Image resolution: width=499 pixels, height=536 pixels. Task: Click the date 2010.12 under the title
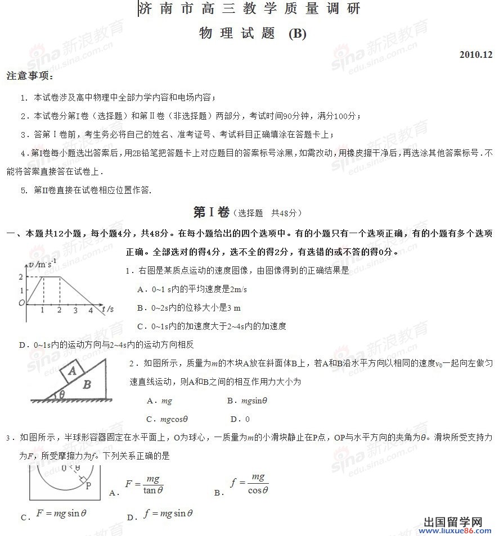coord(475,55)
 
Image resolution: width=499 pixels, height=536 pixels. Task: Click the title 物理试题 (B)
coord(253,34)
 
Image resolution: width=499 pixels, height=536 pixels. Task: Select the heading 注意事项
coord(30,76)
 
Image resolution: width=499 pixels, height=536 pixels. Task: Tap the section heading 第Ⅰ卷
coord(211,212)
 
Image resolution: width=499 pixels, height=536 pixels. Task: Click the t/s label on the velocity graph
coord(109,309)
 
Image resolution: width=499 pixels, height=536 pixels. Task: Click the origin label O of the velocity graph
coord(22,303)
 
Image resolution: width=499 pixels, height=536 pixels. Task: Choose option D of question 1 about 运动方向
coord(107,344)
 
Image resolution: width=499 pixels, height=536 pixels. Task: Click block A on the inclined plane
coord(72,371)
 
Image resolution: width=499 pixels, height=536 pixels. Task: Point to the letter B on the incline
coord(87,385)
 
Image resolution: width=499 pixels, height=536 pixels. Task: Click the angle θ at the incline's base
coord(62,394)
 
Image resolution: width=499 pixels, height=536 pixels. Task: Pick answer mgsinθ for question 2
coord(248,401)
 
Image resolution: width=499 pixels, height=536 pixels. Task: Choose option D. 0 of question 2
coord(240,419)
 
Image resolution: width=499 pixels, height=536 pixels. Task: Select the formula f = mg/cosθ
coord(250,484)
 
